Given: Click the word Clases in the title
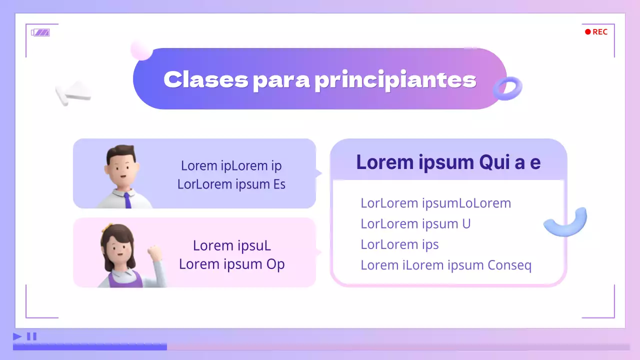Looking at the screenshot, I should [x=205, y=79].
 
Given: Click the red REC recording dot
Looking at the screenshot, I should [x=588, y=32].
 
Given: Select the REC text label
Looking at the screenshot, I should [x=600, y=32].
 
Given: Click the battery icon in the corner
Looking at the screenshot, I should [x=40, y=32].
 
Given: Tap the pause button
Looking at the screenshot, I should [x=31, y=336].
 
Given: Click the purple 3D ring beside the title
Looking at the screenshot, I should [x=507, y=88].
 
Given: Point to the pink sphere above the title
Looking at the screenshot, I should [x=141, y=50].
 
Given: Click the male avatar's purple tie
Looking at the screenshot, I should [x=127, y=200].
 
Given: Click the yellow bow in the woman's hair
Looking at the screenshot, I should [x=106, y=228].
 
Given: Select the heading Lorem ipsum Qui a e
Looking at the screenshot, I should [x=448, y=162].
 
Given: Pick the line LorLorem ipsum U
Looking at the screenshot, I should [x=415, y=223].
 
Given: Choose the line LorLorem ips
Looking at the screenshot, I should [x=399, y=244].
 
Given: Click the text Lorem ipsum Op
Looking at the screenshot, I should [x=231, y=264].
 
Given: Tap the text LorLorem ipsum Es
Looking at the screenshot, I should [x=231, y=184].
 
